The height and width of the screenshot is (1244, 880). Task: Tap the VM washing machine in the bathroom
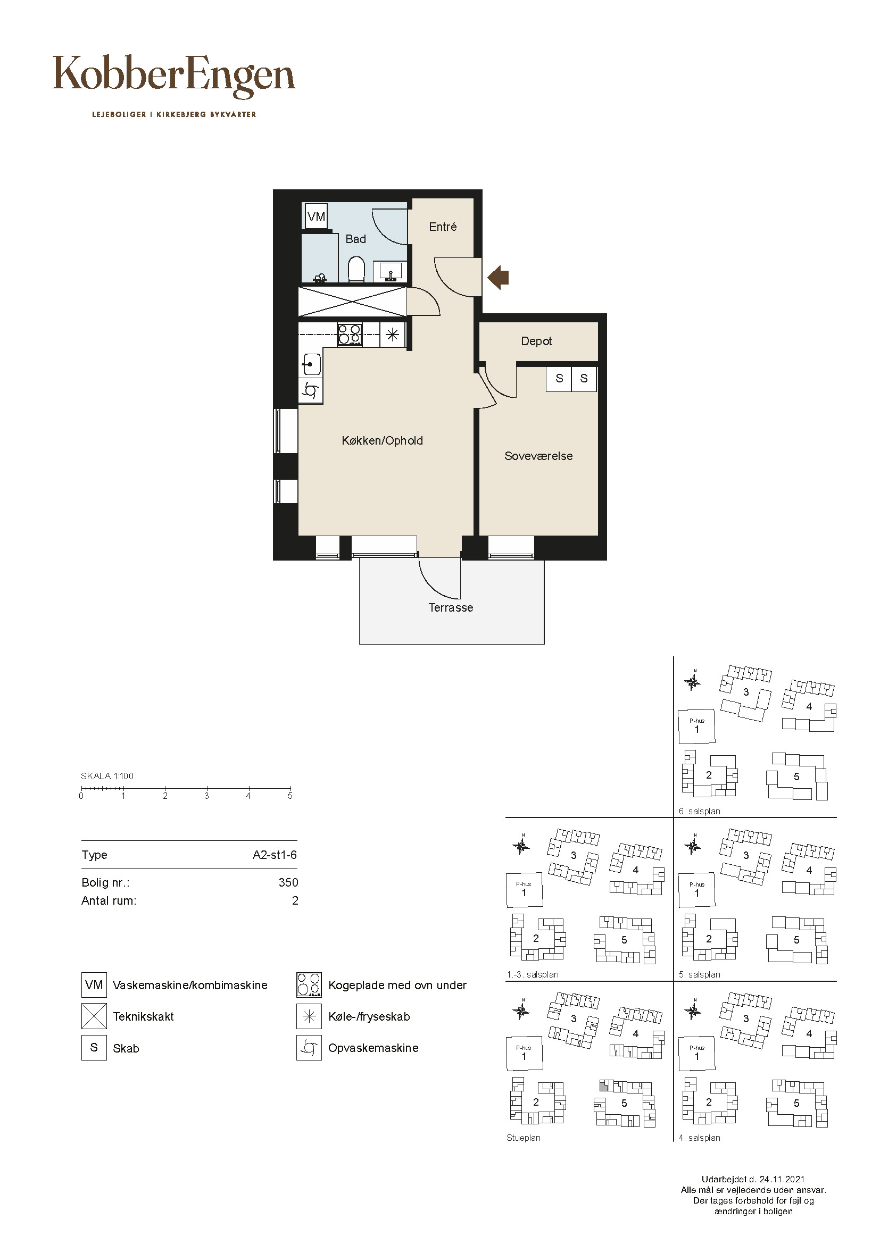tap(316, 216)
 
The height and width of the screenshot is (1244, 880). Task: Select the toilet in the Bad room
tap(356, 269)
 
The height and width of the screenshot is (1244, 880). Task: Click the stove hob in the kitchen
tap(350, 335)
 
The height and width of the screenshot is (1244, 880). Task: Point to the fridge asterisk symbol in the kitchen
tap(393, 335)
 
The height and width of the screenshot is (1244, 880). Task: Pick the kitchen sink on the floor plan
tap(311, 364)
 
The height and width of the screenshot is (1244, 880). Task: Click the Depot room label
tap(536, 341)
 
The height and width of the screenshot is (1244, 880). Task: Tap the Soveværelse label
tap(538, 456)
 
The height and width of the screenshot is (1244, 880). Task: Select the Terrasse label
tap(451, 608)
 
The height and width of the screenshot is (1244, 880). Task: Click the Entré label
tap(443, 227)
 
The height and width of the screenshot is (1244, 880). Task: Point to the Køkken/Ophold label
tap(382, 441)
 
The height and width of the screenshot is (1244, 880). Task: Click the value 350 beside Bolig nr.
tap(288, 883)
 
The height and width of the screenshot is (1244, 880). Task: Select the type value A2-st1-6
tap(275, 855)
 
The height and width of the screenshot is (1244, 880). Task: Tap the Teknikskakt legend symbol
tap(94, 1016)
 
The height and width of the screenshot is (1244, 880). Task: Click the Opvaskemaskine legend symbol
tap(309, 1048)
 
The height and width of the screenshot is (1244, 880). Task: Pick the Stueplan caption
tap(524, 1138)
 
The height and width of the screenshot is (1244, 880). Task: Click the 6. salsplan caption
tap(700, 812)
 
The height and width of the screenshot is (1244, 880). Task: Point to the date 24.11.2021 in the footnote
tap(781, 1180)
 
